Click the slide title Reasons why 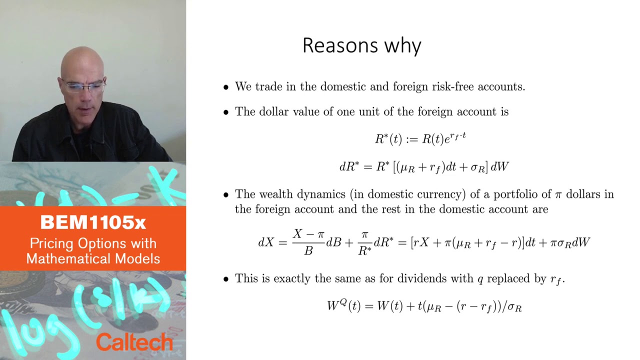(x=361, y=45)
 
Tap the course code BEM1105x (x=93, y=223)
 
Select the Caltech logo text (x=134, y=342)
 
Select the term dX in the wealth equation (x=265, y=242)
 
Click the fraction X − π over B (x=308, y=242)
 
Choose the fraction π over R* (x=364, y=242)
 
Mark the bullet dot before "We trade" (x=225, y=87)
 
